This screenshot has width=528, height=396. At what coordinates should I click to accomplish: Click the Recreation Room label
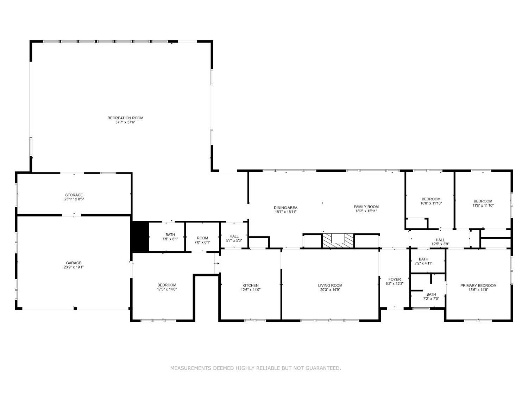click(x=125, y=118)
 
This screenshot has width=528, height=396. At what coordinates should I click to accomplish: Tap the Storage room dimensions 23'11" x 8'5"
click(x=74, y=199)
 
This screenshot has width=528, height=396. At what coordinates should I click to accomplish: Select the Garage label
click(x=74, y=263)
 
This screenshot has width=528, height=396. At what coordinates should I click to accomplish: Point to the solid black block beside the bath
click(x=140, y=237)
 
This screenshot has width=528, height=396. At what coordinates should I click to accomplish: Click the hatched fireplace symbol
click(x=338, y=241)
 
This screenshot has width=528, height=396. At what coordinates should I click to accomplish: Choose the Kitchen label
click(x=250, y=285)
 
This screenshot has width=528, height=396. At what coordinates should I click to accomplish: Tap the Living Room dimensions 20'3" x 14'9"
click(x=330, y=290)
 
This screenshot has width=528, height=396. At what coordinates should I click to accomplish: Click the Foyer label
click(x=395, y=279)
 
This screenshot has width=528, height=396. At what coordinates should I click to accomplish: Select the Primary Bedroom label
click(x=478, y=285)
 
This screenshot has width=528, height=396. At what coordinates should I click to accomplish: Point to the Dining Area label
click(x=285, y=207)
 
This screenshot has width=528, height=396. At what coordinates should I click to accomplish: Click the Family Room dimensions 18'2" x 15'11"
click(x=366, y=211)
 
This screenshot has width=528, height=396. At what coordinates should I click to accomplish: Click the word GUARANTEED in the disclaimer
click(x=323, y=368)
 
